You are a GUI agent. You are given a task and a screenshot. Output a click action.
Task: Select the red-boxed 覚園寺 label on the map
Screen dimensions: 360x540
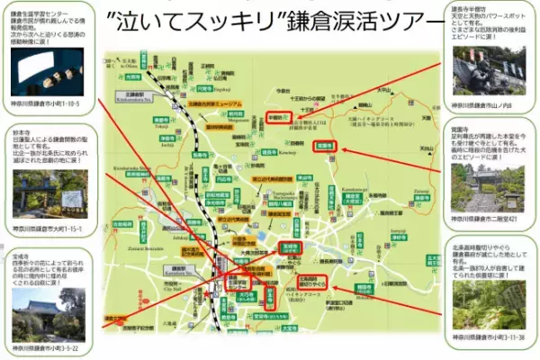(325, 145)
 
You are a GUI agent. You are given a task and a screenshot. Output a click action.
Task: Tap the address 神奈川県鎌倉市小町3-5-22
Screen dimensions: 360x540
(44, 347)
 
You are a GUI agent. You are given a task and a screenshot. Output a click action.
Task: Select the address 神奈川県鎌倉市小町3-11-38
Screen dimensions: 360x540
(493, 339)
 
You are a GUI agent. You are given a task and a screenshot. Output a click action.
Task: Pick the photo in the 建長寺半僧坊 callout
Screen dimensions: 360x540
(493, 67)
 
